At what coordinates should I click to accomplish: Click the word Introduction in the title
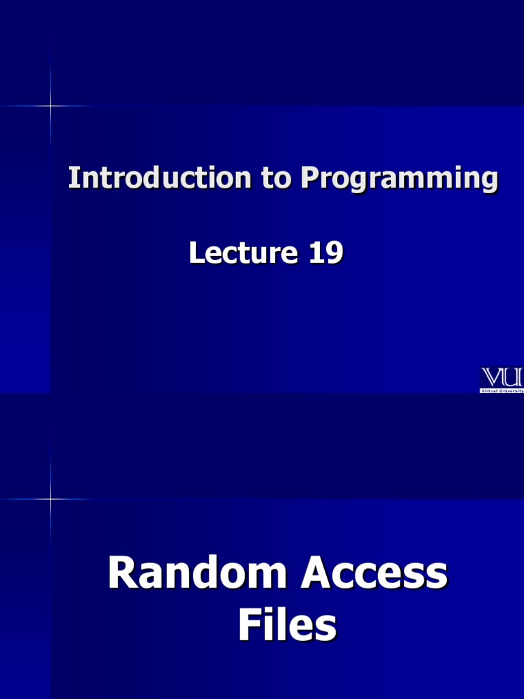click(159, 179)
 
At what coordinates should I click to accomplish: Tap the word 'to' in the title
click(276, 179)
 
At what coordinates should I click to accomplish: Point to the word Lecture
click(243, 253)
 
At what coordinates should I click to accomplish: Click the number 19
click(325, 253)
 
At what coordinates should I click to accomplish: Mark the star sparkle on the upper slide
click(50, 106)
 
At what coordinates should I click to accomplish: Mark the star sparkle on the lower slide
click(50, 499)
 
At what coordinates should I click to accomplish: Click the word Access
click(375, 573)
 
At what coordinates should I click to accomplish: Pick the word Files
click(287, 626)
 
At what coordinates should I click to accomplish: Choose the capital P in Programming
click(310, 179)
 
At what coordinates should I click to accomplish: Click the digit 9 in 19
click(334, 253)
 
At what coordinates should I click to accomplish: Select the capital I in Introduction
click(72, 179)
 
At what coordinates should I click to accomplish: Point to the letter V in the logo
click(492, 377)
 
